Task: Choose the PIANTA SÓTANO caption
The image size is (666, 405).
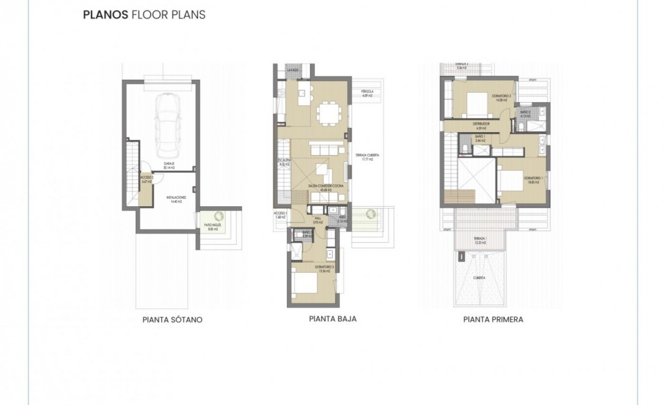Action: tap(172, 320)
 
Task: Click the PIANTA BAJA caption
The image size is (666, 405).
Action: tap(332, 318)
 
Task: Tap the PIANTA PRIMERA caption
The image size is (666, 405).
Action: tap(493, 319)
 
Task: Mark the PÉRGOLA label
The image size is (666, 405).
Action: tap(367, 93)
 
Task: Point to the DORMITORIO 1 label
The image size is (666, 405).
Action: tap(534, 180)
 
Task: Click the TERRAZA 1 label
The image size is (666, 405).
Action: tap(479, 240)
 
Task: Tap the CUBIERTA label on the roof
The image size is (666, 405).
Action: tap(479, 278)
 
